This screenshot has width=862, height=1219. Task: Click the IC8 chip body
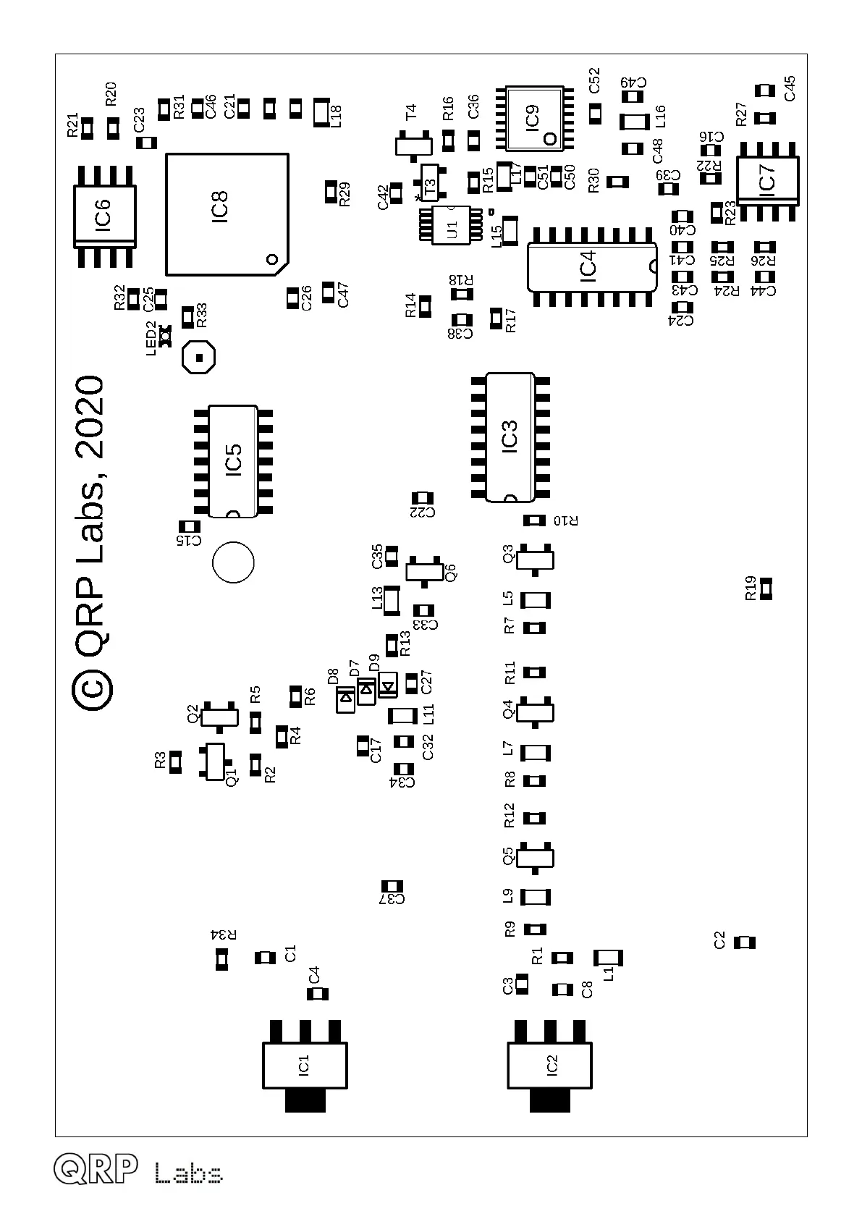pyautogui.click(x=226, y=213)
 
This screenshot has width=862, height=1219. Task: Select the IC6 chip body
pyautogui.click(x=104, y=216)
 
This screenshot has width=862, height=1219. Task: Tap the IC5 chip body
pyautogui.click(x=233, y=461)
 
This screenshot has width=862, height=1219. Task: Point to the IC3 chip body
pyautogui.click(x=510, y=436)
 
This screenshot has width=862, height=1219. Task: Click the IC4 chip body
pyautogui.click(x=591, y=266)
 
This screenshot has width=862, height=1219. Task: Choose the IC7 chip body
pyautogui.click(x=767, y=180)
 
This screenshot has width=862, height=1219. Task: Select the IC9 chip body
pyautogui.click(x=534, y=118)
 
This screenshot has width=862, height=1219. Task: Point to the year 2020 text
pyautogui.click(x=92, y=417)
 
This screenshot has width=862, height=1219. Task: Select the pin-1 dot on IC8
pyautogui.click(x=272, y=259)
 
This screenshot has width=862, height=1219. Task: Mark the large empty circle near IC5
pyautogui.click(x=233, y=562)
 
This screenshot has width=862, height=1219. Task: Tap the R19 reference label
pyautogui.click(x=751, y=588)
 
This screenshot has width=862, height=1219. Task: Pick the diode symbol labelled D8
pyautogui.click(x=345, y=699)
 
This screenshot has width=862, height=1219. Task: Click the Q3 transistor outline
pyautogui.click(x=536, y=560)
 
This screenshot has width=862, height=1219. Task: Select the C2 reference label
pyautogui.click(x=719, y=941)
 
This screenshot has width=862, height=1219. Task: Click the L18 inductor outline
pyautogui.click(x=320, y=112)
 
